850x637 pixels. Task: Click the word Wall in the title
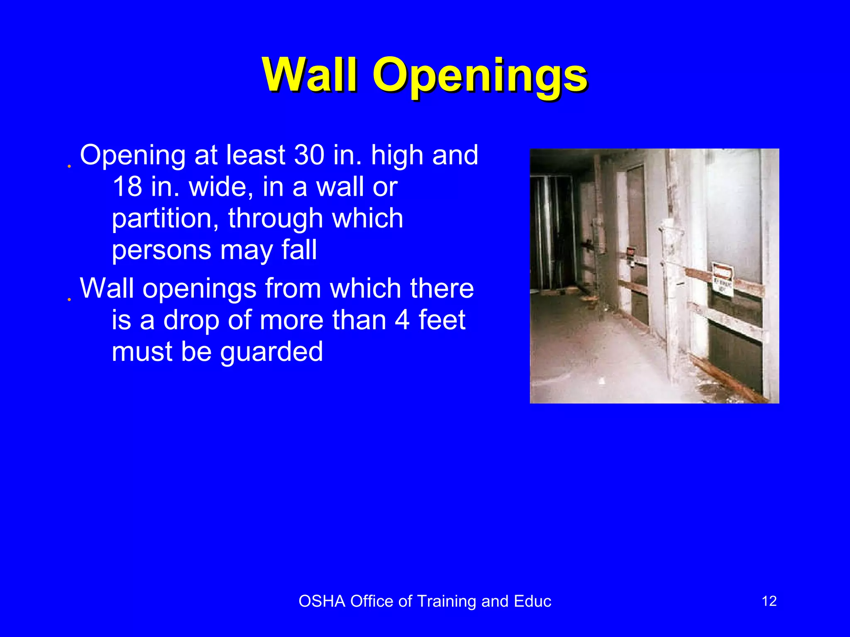[x=310, y=75]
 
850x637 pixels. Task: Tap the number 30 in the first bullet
[x=309, y=155]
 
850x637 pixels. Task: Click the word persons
[x=162, y=251]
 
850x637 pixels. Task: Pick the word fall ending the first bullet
[x=299, y=250]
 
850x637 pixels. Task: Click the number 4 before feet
[x=402, y=320]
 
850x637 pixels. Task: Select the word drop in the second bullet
[x=191, y=320]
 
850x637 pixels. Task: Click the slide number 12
[x=769, y=601]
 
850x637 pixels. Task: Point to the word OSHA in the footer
[x=322, y=601]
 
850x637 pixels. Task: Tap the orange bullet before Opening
[x=69, y=166]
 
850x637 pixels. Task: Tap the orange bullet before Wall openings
[x=69, y=299]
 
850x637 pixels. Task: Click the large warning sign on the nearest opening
[x=723, y=279]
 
